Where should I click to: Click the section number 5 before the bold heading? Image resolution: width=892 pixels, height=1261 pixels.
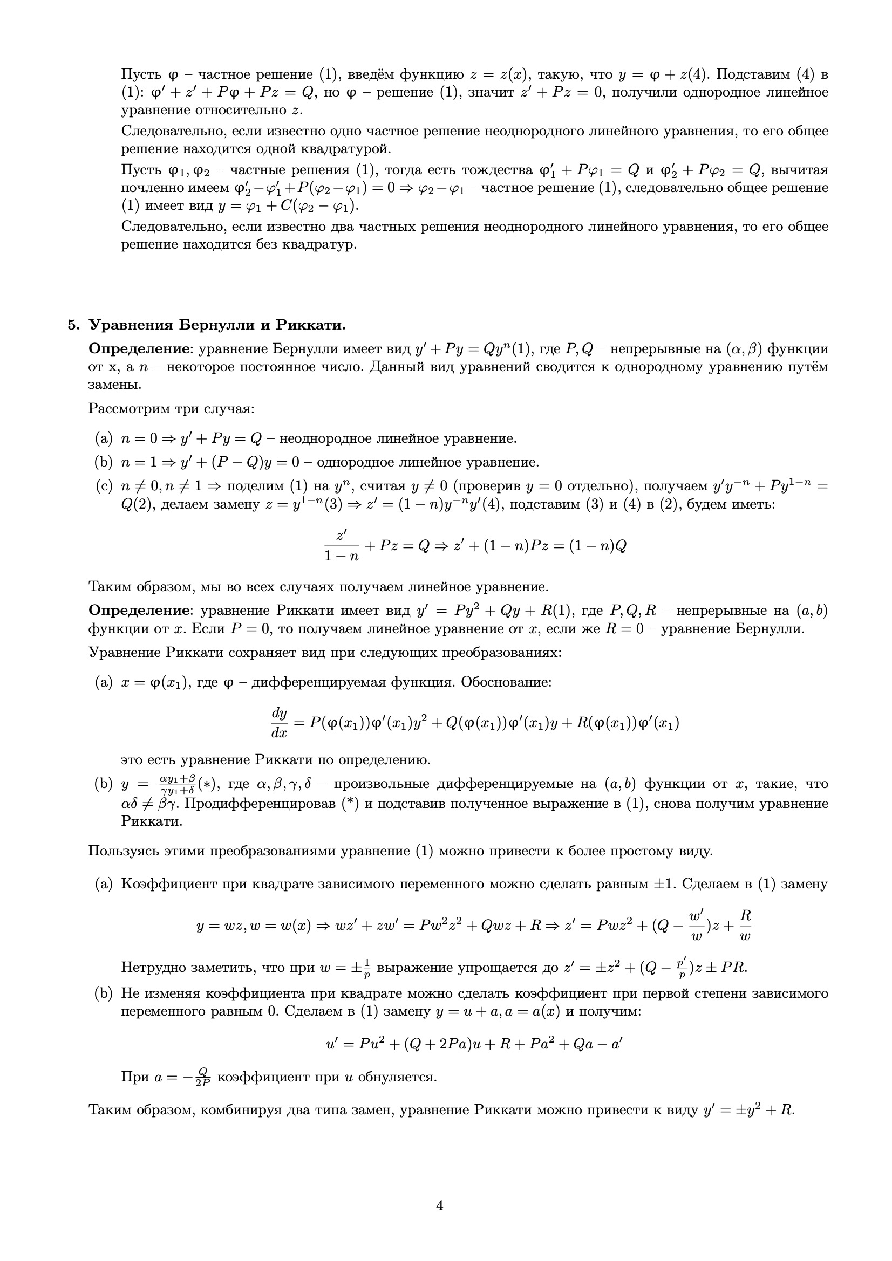[71, 325]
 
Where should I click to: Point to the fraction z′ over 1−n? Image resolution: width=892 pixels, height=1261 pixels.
[341, 546]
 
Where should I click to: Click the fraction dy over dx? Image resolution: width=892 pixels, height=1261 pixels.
[279, 723]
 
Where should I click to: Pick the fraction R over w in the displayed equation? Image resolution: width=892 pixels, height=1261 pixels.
[745, 926]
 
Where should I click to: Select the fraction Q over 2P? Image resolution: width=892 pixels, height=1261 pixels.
[203, 1077]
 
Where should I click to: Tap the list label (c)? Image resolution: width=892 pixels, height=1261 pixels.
[103, 486]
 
